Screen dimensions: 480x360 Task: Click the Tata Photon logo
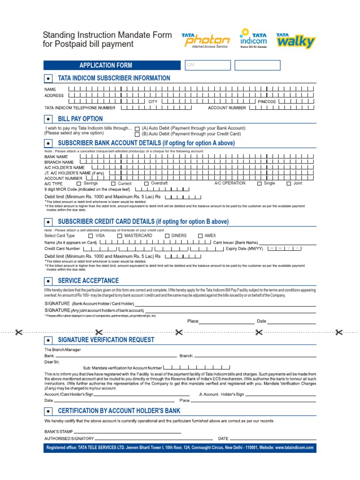206,40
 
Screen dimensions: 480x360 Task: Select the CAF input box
207,65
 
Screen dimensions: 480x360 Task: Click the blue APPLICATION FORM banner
105,65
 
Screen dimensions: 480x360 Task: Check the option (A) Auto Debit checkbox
137,128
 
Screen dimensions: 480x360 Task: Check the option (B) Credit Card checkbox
137,134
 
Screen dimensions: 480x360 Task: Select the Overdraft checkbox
146,183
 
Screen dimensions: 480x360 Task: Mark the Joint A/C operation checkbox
289,184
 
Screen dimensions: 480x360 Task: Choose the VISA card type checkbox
90,236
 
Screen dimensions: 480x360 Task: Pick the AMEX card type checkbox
200,236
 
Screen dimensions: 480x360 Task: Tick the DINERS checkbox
167,236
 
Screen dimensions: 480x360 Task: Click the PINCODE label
267,101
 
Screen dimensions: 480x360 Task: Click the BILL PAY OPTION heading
80,119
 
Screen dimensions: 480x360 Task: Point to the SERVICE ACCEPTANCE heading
88,281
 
